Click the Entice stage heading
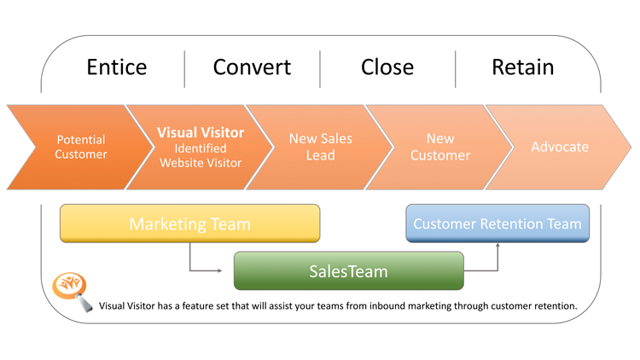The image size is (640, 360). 117,67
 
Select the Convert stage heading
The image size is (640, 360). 252,67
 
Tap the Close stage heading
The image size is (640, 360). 387,67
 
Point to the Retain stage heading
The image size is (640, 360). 523,67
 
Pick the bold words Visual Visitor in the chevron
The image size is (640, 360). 201,132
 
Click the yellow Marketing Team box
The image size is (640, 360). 189,224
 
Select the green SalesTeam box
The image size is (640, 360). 348,270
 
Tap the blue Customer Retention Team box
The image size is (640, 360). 497,224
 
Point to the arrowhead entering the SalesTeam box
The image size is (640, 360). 219,270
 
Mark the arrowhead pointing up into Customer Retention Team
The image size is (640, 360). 497,245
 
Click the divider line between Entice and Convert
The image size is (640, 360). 184,69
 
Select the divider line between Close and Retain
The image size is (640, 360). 455,69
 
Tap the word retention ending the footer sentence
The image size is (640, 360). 556,305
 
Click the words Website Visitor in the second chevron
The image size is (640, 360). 201,163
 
